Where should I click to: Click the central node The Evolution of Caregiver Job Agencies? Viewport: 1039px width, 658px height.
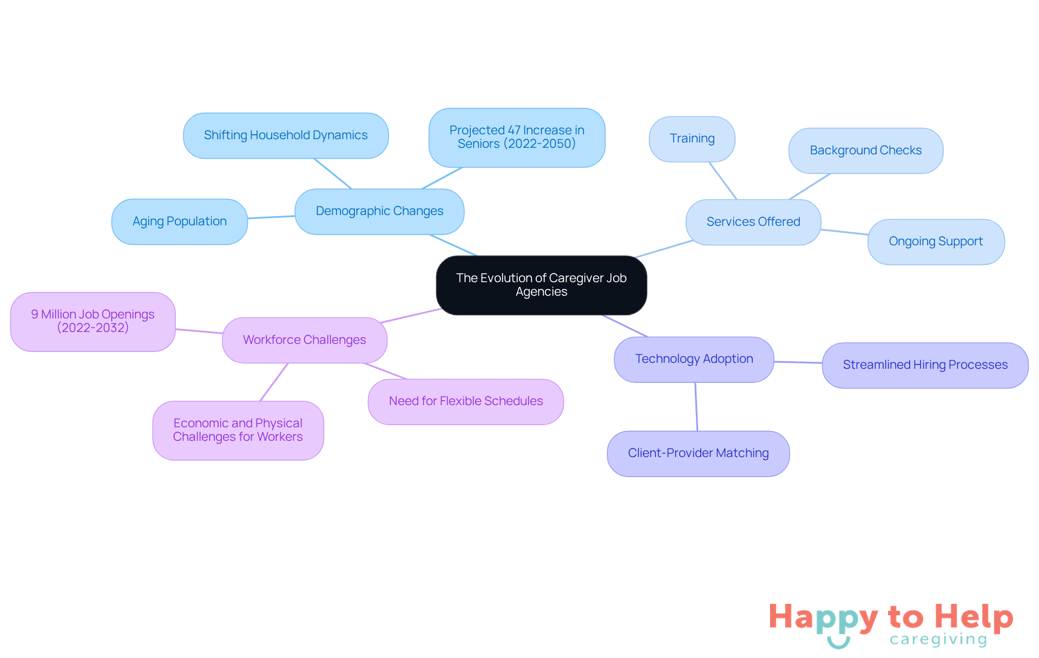coord(541,285)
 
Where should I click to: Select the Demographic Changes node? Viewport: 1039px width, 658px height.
coord(379,211)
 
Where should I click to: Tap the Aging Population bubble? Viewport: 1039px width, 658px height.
coord(180,221)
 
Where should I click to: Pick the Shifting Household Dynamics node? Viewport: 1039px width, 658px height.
coord(286,135)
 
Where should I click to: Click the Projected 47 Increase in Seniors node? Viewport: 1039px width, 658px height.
coord(517,137)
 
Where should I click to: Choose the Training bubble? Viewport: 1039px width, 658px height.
coord(692,139)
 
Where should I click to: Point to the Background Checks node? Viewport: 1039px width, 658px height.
coord(865,151)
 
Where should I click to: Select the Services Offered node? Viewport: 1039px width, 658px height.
coord(753,222)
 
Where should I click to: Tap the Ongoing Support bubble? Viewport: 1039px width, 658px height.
coord(936,242)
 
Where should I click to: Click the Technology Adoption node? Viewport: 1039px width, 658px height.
coord(694,359)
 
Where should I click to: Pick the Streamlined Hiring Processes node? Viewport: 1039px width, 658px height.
coord(925,365)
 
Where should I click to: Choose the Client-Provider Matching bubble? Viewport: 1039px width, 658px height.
coord(698,453)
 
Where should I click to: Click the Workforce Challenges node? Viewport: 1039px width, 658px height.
coord(305,340)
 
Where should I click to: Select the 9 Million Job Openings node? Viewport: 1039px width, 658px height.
coord(93,321)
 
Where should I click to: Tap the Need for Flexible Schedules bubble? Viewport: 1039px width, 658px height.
coord(465,401)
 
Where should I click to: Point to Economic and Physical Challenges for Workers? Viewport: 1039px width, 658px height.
coord(238,430)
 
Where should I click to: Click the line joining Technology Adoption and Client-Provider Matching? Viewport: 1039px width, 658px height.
coord(696,407)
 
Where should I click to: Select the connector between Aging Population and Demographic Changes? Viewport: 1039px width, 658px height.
coord(271,217)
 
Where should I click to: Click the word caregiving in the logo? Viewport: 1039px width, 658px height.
coord(938,640)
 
